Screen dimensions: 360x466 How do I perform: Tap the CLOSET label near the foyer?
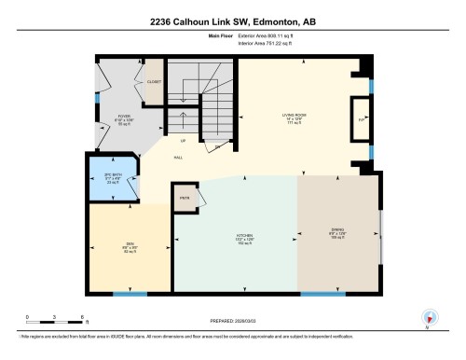pyautogui.click(x=153, y=82)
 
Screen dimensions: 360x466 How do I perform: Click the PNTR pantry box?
pyautogui.click(x=185, y=197)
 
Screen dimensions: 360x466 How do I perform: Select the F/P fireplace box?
pyautogui.click(x=360, y=120)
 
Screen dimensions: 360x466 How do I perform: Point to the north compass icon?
pyautogui.click(x=428, y=318)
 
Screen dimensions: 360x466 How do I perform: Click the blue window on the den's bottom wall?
pyautogui.click(x=130, y=294)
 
